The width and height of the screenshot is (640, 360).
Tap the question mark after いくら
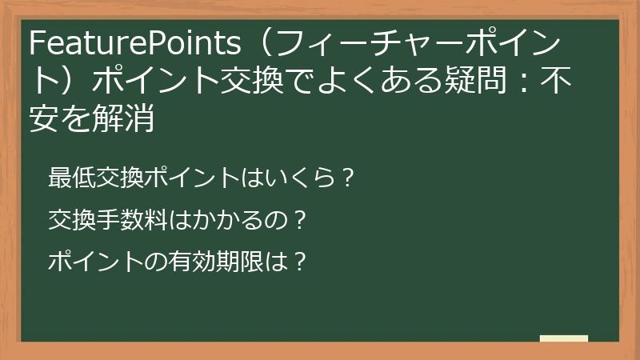click(346, 176)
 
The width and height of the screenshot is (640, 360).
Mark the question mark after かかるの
click(299, 218)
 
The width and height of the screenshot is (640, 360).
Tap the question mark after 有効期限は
click(299, 261)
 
